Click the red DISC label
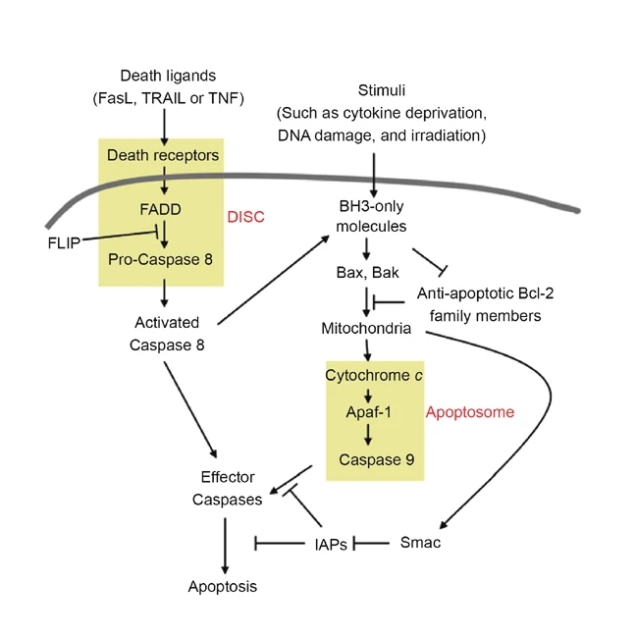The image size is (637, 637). click(x=245, y=216)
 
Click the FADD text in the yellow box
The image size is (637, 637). click(x=163, y=209)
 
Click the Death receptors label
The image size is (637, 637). click(x=163, y=155)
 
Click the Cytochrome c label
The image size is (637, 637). click(x=366, y=375)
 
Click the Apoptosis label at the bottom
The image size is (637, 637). click(x=223, y=587)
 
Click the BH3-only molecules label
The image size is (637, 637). click(x=370, y=217)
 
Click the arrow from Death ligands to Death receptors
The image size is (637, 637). click(x=163, y=126)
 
